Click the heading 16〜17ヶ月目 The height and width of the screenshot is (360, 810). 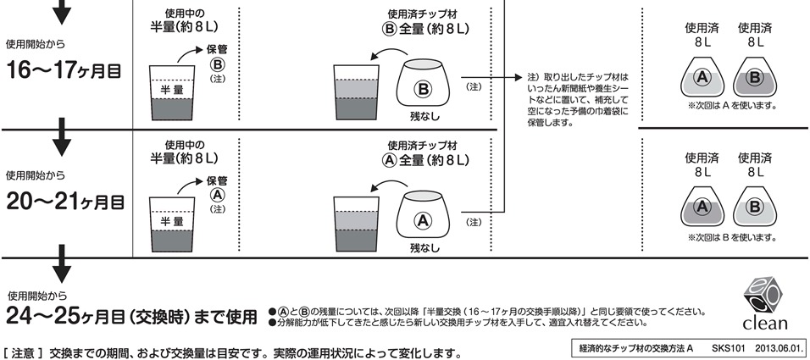65,69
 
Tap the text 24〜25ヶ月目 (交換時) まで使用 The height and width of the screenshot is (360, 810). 131,317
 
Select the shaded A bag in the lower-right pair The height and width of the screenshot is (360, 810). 702,206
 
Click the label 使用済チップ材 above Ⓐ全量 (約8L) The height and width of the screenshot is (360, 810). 421,145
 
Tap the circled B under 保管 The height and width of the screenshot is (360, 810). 216,64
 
